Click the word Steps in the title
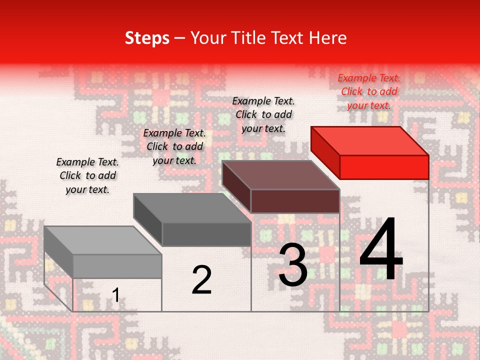(147, 38)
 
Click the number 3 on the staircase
(293, 265)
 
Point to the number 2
(202, 280)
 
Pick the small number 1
(115, 295)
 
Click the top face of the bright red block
(370, 140)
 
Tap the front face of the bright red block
(384, 167)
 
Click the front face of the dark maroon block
(295, 201)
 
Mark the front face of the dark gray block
(206, 234)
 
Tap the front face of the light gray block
(117, 266)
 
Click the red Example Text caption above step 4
(369, 91)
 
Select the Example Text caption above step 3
(263, 114)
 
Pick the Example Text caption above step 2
(174, 146)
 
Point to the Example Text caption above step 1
(87, 175)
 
